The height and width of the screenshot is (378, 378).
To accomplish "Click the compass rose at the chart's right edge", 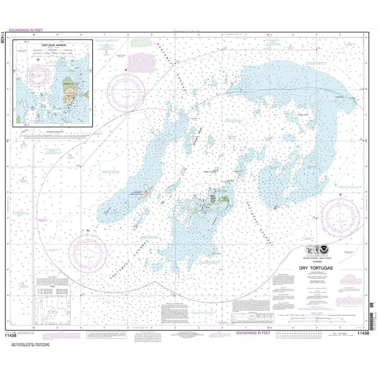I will point(341,215).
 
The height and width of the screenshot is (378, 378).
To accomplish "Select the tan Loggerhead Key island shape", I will point(146,193).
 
